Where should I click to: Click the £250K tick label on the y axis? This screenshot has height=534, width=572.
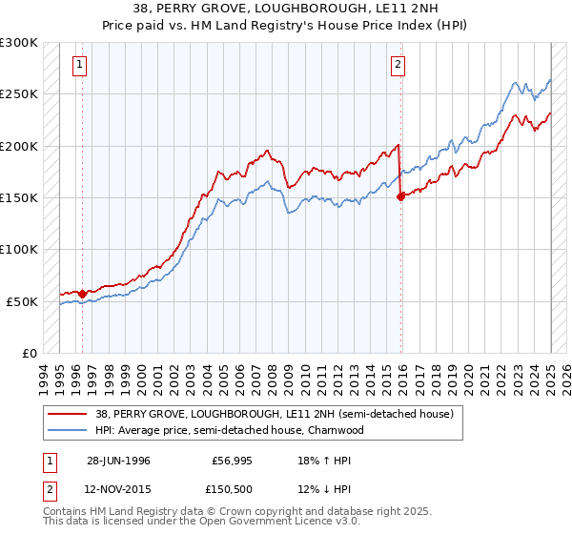tap(19, 94)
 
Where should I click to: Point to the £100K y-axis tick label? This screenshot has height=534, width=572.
tap(19, 250)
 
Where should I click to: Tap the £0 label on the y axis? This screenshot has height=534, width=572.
tap(28, 353)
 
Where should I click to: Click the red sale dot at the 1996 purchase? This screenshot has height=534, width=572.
tap(83, 294)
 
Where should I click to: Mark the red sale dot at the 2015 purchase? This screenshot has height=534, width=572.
tap(399, 197)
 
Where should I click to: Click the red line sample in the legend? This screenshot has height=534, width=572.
tap(68, 414)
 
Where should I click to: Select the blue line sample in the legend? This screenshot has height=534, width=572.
tap(68, 430)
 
